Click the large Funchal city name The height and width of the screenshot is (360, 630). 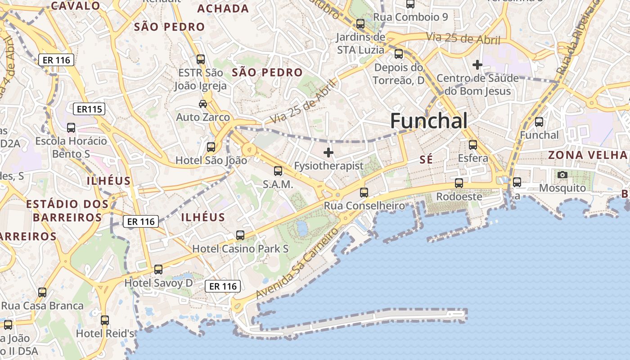[428, 121]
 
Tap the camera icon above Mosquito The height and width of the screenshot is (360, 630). [562, 175]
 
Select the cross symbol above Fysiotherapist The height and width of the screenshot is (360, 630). [328, 153]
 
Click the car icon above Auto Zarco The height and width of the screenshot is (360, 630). [203, 104]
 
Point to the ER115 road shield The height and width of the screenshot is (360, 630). [89, 109]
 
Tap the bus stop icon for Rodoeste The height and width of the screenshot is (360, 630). [459, 183]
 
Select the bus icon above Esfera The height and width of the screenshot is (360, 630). [472, 145]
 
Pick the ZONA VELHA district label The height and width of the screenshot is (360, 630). [587, 155]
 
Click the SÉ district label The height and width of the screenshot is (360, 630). [426, 159]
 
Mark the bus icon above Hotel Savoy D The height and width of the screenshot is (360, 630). [158, 270]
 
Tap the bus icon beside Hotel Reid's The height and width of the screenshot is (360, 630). [105, 320]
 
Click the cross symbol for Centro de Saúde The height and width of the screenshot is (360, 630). [477, 65]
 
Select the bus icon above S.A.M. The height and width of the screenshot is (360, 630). [278, 171]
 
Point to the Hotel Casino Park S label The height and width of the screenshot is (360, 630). [240, 249]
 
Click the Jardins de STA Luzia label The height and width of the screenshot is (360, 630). [360, 43]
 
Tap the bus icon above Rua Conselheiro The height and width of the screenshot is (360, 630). [364, 193]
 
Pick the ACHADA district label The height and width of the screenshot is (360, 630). [223, 9]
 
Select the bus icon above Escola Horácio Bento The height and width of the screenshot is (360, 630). [71, 128]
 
